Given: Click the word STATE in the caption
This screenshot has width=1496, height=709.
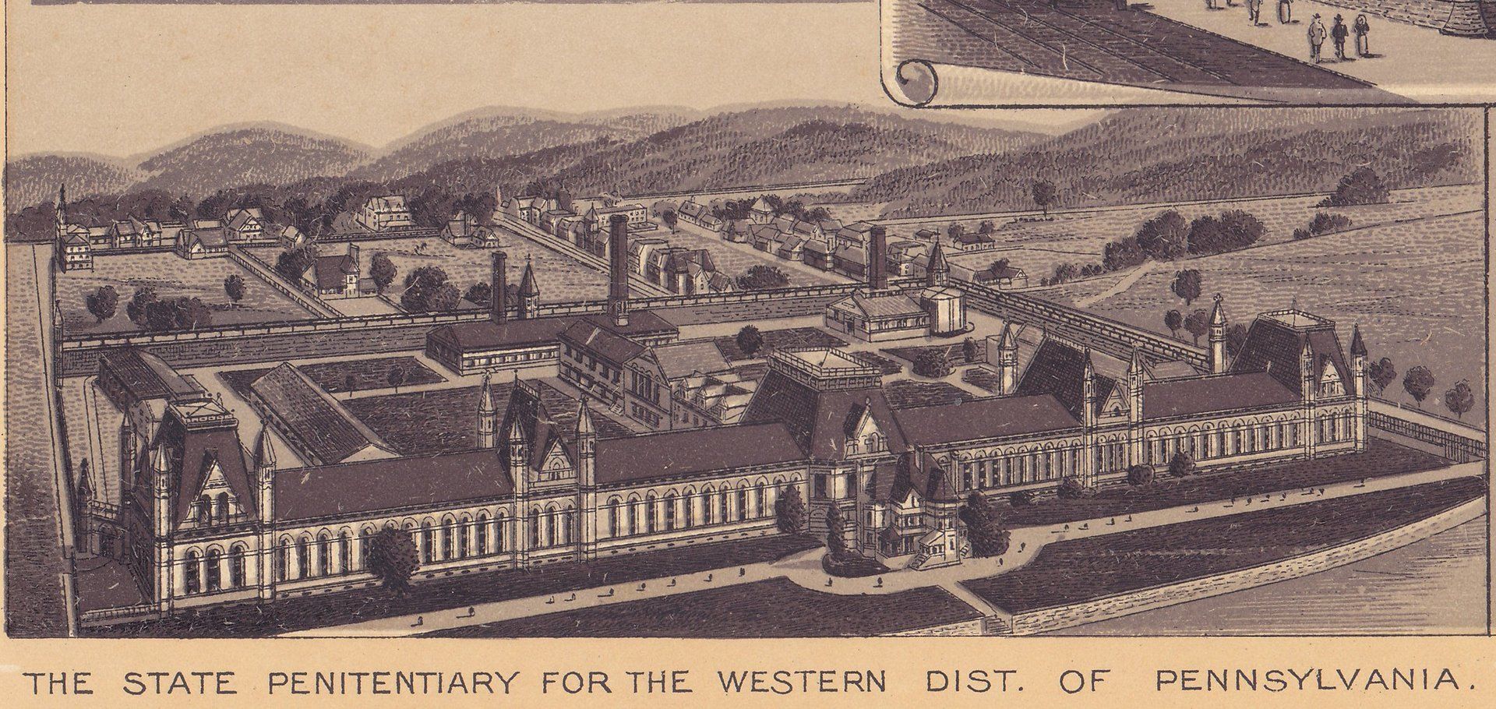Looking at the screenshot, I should click(x=182, y=683).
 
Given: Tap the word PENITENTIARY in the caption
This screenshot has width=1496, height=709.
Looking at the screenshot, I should click(x=392, y=683).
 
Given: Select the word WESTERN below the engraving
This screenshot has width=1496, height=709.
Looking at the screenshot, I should click(x=801, y=683).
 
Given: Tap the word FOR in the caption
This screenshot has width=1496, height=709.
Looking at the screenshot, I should click(x=568, y=683).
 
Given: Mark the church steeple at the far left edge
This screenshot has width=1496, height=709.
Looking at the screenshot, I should click(x=61, y=218).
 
